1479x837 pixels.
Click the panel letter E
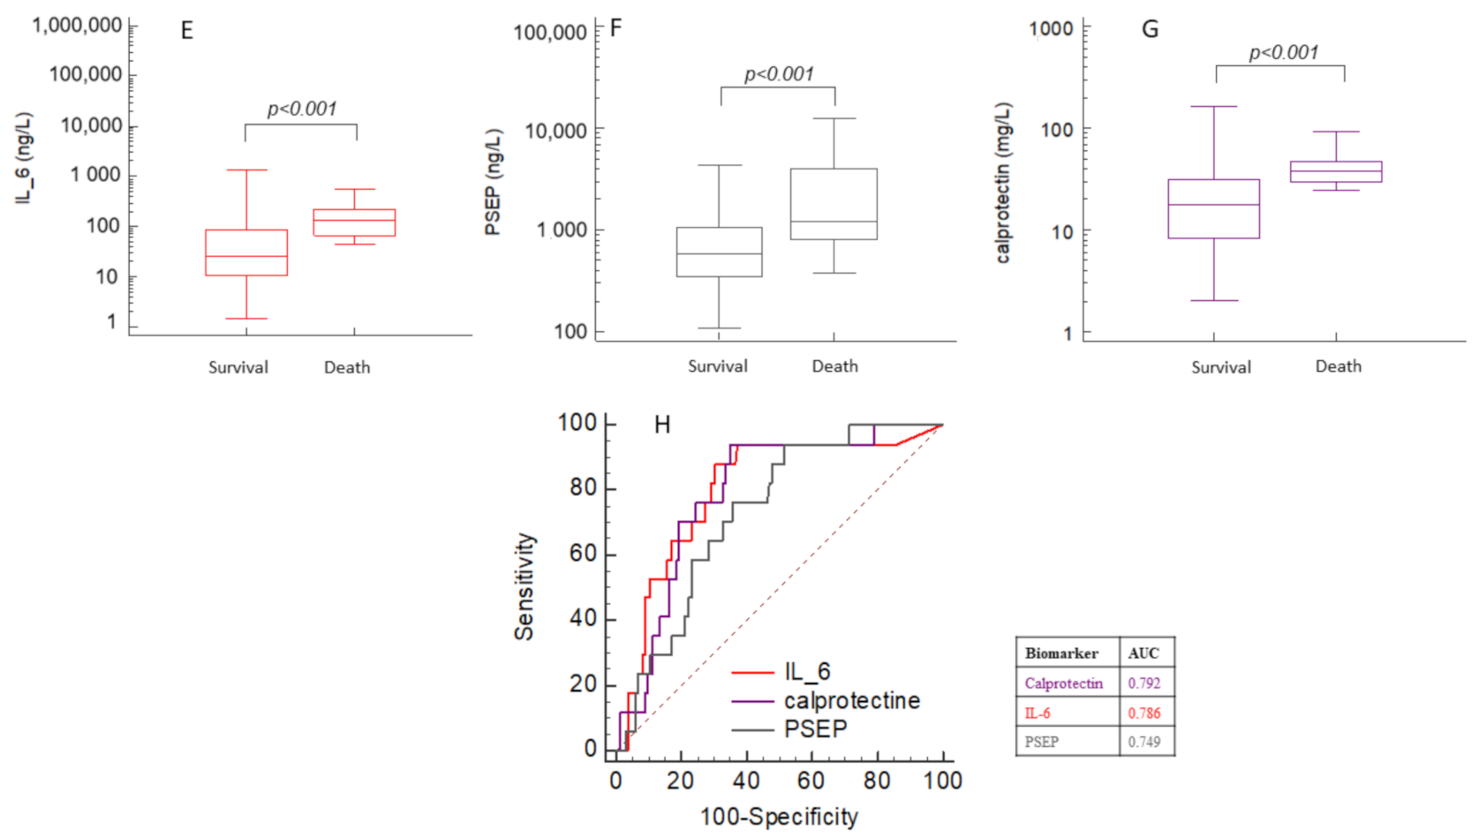click(x=187, y=30)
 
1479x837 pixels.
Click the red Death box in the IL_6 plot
click(x=355, y=222)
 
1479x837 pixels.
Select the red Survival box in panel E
click(x=246, y=253)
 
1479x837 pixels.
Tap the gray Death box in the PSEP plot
click(x=834, y=204)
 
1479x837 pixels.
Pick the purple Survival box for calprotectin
click(x=1213, y=208)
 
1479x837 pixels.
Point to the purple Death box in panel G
click(x=1336, y=171)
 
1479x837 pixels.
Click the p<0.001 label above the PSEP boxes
click(x=779, y=74)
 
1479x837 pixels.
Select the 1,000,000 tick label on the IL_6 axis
click(x=77, y=26)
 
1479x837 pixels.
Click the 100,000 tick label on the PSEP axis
click(x=550, y=32)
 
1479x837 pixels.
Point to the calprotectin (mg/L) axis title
click(x=1003, y=183)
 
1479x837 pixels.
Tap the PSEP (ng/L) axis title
click(x=494, y=182)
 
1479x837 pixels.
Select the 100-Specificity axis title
click(x=779, y=817)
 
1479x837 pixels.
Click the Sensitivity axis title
click(x=524, y=586)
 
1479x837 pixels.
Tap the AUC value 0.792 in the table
click(x=1144, y=683)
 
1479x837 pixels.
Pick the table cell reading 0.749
click(x=1144, y=742)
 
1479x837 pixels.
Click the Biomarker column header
click(x=1061, y=653)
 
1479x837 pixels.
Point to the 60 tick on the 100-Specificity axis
click(x=811, y=780)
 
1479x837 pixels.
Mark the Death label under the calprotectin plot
click(x=1339, y=366)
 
